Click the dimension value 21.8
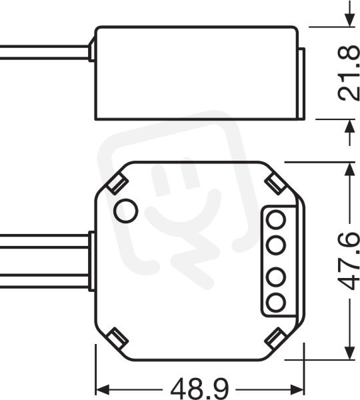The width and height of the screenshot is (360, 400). click(349, 73)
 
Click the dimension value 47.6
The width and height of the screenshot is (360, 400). click(349, 261)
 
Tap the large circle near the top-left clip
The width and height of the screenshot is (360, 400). click(125, 211)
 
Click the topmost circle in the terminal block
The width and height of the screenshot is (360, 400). click(275, 219)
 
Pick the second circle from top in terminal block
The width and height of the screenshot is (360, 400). click(275, 245)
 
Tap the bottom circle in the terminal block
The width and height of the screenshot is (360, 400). click(275, 302)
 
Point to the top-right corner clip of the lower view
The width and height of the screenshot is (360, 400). click(275, 184)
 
